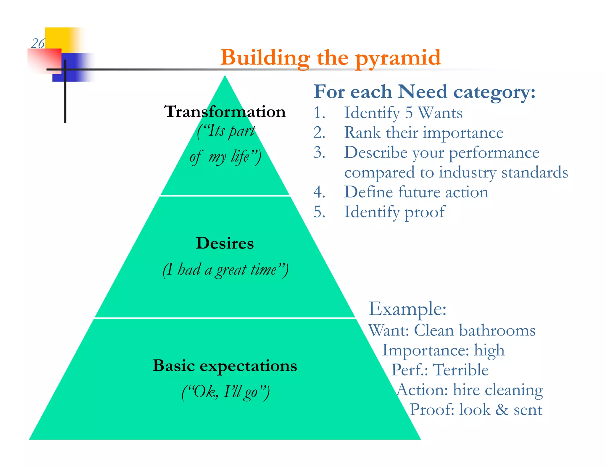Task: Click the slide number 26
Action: (x=38, y=44)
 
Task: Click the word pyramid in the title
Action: (x=398, y=58)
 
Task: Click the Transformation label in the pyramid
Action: (x=225, y=112)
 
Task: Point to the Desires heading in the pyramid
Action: (x=225, y=243)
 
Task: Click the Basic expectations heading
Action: (x=225, y=366)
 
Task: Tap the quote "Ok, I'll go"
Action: (x=225, y=392)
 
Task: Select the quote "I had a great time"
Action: (x=225, y=270)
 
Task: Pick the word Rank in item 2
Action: (x=362, y=133)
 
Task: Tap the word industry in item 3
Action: (x=468, y=172)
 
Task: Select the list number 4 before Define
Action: (x=319, y=192)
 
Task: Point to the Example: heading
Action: (x=407, y=309)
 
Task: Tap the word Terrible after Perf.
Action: (x=460, y=370)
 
